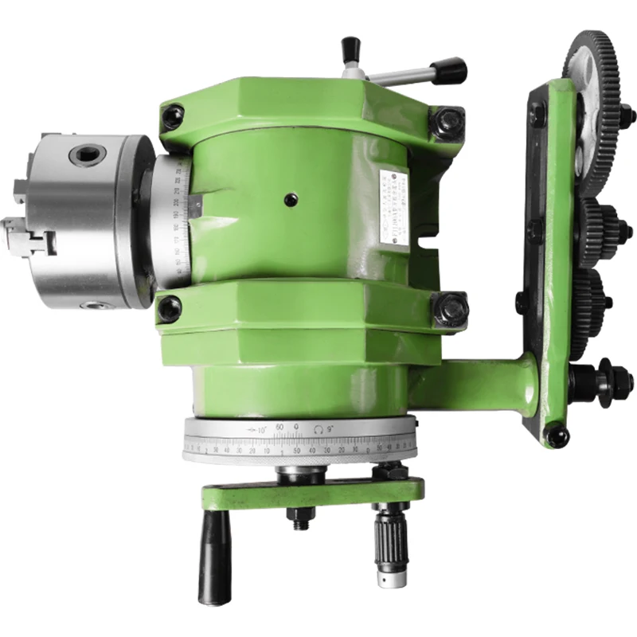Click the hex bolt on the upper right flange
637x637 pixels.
[447, 123]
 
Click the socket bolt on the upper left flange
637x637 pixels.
[172, 119]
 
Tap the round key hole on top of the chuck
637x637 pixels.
[85, 154]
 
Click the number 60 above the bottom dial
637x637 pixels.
[279, 428]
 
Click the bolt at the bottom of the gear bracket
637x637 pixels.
[556, 435]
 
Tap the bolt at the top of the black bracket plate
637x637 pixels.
[538, 115]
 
